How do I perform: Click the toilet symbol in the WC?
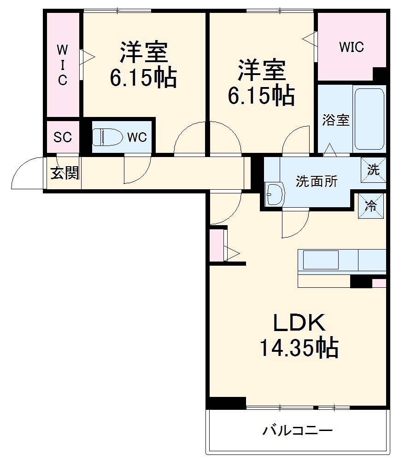click(x=106, y=137)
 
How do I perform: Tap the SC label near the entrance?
click(x=63, y=137)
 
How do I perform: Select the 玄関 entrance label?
click(x=64, y=173)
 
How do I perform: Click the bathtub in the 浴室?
click(x=369, y=119)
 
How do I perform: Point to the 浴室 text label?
click(x=335, y=120)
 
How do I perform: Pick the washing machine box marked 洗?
click(x=373, y=169)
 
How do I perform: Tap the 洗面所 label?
click(x=317, y=181)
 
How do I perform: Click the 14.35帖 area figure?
click(x=299, y=349)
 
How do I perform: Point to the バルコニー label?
click(x=298, y=431)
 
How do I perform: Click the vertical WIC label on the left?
click(x=62, y=65)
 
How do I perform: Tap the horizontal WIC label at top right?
click(x=351, y=47)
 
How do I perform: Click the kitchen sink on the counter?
click(x=320, y=260)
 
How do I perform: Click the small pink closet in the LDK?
click(x=216, y=245)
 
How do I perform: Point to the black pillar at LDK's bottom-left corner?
click(x=226, y=402)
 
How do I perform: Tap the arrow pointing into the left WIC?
click(x=88, y=58)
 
